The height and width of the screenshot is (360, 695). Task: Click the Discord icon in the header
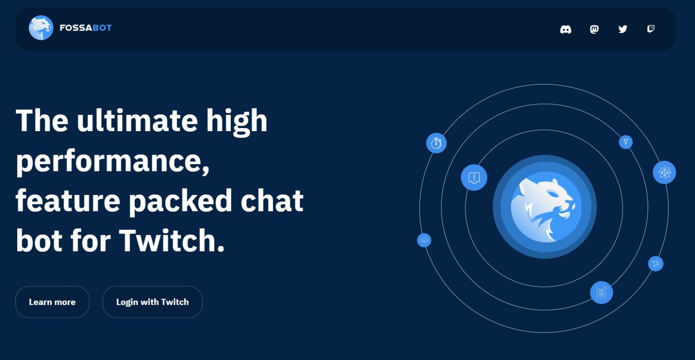(566, 29)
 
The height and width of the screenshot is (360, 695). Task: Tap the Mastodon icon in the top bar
(594, 29)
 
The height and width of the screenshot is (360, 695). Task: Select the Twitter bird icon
(623, 29)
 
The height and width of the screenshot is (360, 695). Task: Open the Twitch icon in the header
(651, 29)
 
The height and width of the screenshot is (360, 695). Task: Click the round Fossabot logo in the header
(41, 28)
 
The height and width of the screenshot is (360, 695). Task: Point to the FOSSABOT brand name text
(86, 28)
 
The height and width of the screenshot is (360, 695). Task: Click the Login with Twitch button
(152, 302)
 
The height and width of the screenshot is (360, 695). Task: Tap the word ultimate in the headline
(137, 121)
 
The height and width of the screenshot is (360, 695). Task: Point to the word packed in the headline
(181, 200)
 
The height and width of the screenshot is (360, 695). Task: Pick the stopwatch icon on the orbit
(436, 143)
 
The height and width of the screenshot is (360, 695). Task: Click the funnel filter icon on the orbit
(626, 142)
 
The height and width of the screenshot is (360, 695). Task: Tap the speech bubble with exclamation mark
(474, 177)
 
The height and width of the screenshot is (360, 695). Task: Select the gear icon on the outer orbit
(664, 172)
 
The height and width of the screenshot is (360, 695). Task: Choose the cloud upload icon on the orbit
(424, 240)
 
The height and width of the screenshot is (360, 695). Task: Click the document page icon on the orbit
(601, 292)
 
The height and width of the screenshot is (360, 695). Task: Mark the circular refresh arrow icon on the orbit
(656, 264)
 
